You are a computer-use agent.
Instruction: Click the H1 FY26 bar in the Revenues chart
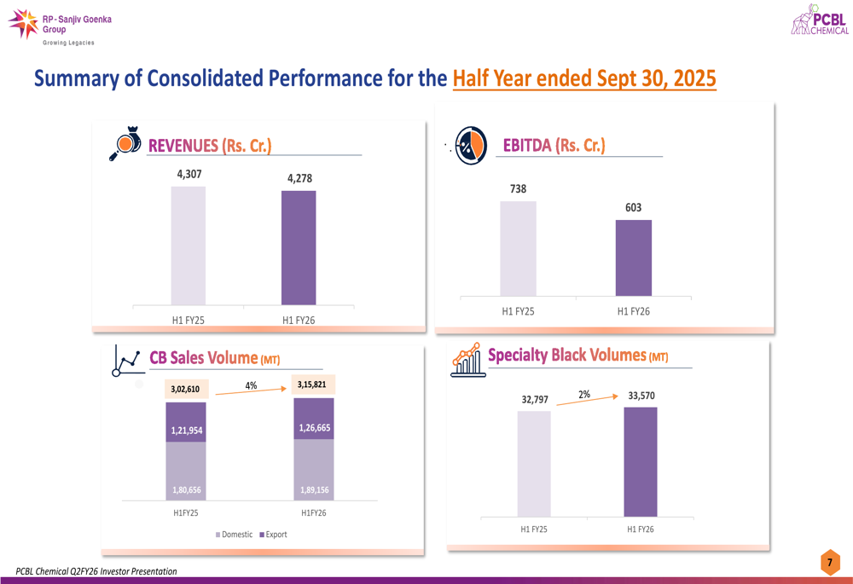299,247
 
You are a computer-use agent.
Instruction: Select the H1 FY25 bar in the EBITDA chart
518,249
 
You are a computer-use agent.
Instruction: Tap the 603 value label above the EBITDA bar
633,207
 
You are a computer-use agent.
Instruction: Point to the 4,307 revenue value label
189,174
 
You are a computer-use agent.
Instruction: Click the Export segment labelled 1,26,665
314,427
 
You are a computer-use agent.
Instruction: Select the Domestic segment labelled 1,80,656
185,489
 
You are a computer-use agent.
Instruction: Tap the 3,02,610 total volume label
185,390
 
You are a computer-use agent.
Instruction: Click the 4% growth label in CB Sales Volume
251,385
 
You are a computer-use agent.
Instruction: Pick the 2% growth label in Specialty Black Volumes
584,395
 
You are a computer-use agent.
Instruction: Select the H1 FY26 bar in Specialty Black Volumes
640,461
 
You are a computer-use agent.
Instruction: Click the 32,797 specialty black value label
535,399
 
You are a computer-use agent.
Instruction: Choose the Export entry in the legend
273,535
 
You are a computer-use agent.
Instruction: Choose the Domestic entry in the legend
234,535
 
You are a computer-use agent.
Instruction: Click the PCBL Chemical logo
820,20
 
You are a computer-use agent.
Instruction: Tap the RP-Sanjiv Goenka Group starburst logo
23,24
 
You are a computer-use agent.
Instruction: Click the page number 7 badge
829,563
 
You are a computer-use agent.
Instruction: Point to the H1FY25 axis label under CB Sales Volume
185,513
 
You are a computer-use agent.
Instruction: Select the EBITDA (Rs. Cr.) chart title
554,145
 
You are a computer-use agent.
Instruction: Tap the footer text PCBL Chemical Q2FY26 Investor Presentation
96,571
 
